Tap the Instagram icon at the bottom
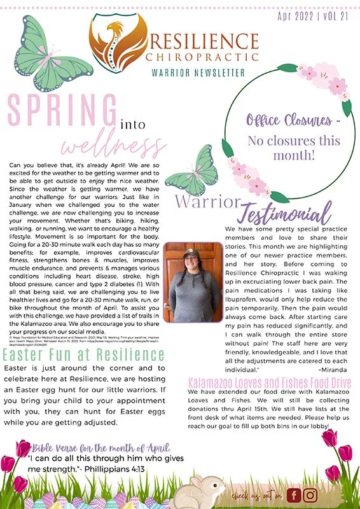click(x=310, y=494)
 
